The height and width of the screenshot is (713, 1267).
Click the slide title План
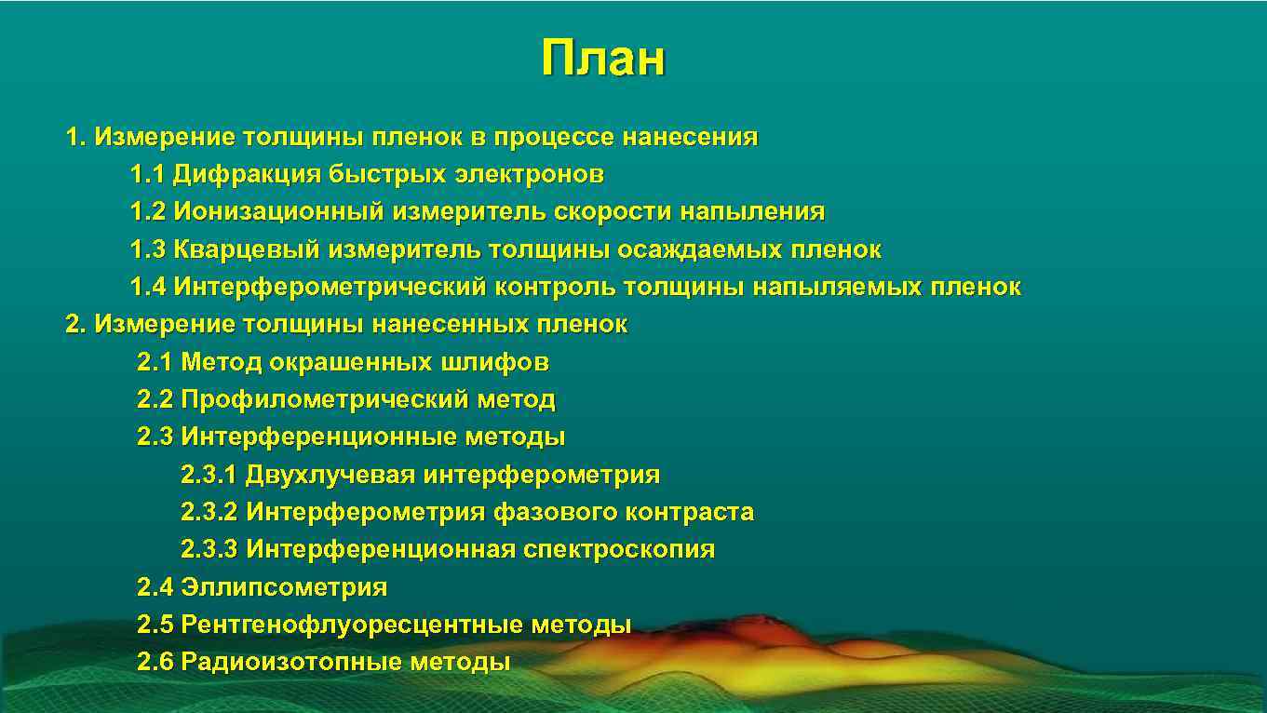click(603, 59)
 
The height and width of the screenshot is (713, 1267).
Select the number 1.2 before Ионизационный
click(148, 212)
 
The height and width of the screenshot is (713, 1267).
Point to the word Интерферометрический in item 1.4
click(330, 288)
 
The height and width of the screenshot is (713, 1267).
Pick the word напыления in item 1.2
click(751, 212)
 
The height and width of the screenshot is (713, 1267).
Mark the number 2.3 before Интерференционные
click(155, 437)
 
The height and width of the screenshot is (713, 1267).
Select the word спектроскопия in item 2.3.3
click(619, 550)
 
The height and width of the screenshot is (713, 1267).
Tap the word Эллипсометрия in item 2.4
click(284, 588)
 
